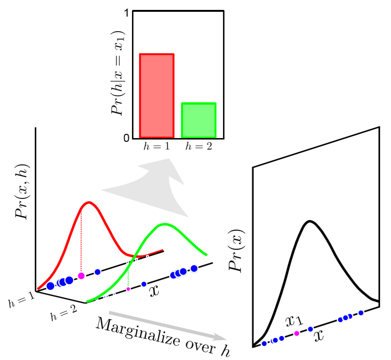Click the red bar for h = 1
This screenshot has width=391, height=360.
point(157,96)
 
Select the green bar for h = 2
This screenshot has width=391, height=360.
point(199,121)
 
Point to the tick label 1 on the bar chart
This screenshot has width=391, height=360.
point(126,14)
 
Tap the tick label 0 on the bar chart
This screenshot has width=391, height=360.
point(126,138)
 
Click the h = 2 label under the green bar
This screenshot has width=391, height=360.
point(198,147)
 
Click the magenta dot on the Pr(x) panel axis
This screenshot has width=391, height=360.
point(297,333)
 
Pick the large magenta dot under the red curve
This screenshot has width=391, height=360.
point(81,276)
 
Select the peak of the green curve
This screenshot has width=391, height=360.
point(164,224)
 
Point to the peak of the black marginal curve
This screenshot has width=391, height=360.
point(309,221)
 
